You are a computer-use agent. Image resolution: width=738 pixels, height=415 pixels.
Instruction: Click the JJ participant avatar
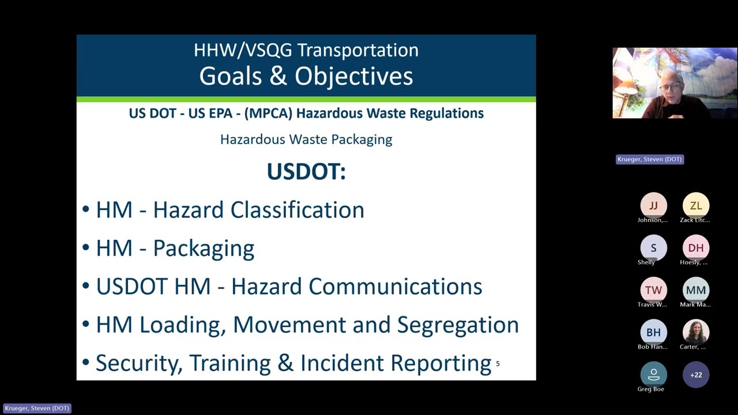(653, 206)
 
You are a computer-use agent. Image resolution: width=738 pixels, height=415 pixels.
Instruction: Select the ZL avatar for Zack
(696, 206)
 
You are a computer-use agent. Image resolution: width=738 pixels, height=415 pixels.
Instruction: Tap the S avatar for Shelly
(653, 248)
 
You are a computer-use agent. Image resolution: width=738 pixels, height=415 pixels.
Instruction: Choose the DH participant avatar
(696, 248)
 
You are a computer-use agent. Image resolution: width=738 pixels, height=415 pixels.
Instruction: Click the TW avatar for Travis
(653, 290)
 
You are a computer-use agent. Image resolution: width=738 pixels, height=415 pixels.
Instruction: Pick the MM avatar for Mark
(696, 290)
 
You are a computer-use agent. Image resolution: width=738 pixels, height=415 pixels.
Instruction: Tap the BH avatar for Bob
(653, 333)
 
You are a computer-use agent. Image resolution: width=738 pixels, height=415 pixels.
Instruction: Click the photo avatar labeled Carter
(696, 333)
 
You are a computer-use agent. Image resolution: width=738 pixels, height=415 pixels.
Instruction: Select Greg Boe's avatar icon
(653, 375)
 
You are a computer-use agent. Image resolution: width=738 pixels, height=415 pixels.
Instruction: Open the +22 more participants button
(696, 375)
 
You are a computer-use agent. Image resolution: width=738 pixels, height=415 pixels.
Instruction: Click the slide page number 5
(498, 364)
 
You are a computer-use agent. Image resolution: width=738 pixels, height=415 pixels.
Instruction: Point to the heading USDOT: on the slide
(306, 172)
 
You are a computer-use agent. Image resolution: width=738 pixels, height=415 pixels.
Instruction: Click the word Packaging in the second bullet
(204, 248)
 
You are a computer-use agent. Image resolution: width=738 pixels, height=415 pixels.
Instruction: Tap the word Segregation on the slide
(458, 325)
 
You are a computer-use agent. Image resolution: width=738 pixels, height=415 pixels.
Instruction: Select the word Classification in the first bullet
(297, 210)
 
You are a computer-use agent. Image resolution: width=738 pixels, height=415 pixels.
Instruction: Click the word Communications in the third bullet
(395, 286)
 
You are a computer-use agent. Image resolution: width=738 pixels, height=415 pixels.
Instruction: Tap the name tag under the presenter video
(650, 159)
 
